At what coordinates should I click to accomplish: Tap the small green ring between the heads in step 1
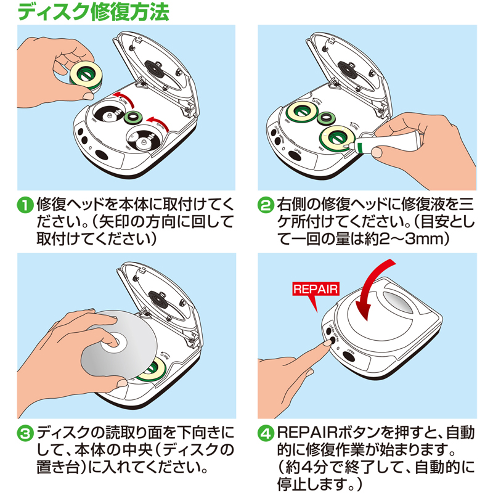[x=131, y=116]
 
